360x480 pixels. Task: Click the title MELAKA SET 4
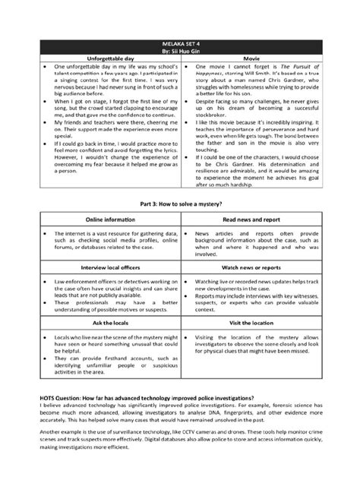pyautogui.click(x=180, y=46)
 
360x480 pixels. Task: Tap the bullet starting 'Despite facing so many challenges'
pyautogui.click(x=254, y=106)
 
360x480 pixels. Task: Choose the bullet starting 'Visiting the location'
pyautogui.click(x=254, y=343)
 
